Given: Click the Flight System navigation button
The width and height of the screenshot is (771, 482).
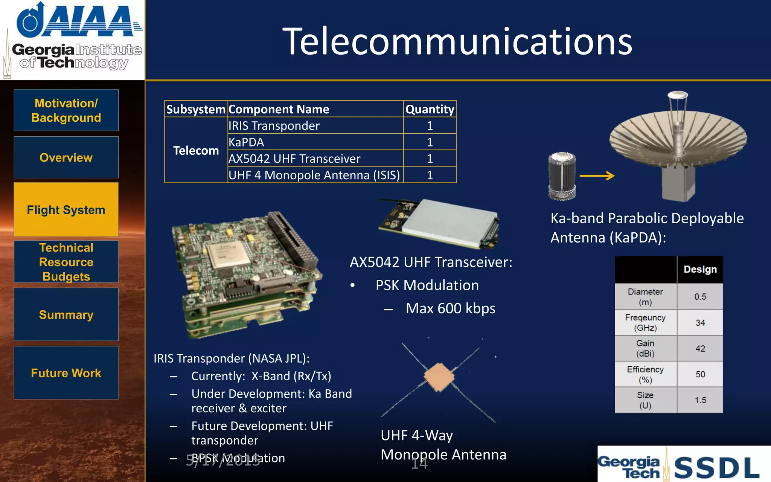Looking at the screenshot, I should [66, 210].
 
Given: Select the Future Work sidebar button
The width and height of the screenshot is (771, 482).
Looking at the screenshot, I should [66, 373].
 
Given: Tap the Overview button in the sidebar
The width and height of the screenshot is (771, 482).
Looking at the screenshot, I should [66, 157].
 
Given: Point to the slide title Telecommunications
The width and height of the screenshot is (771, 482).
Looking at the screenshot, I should [457, 41].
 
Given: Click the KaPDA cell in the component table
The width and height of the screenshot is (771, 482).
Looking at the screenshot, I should [246, 142].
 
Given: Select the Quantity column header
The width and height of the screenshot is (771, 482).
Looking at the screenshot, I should [430, 109].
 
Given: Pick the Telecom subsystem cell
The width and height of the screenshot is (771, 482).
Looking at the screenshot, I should [196, 150].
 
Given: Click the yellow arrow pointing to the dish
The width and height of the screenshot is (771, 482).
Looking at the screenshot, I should [597, 175].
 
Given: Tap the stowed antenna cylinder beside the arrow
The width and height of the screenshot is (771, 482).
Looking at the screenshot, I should [562, 175].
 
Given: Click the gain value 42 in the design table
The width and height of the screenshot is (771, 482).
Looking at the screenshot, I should [700, 348].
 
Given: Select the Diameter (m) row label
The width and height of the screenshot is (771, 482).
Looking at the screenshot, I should [645, 297].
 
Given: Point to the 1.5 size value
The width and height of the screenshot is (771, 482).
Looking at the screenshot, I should [700, 400].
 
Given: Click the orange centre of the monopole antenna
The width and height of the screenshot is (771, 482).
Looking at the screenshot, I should [439, 377].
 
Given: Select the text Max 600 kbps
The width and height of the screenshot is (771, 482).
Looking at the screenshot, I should [450, 308].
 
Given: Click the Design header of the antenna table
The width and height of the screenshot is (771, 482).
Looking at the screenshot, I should [700, 270].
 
